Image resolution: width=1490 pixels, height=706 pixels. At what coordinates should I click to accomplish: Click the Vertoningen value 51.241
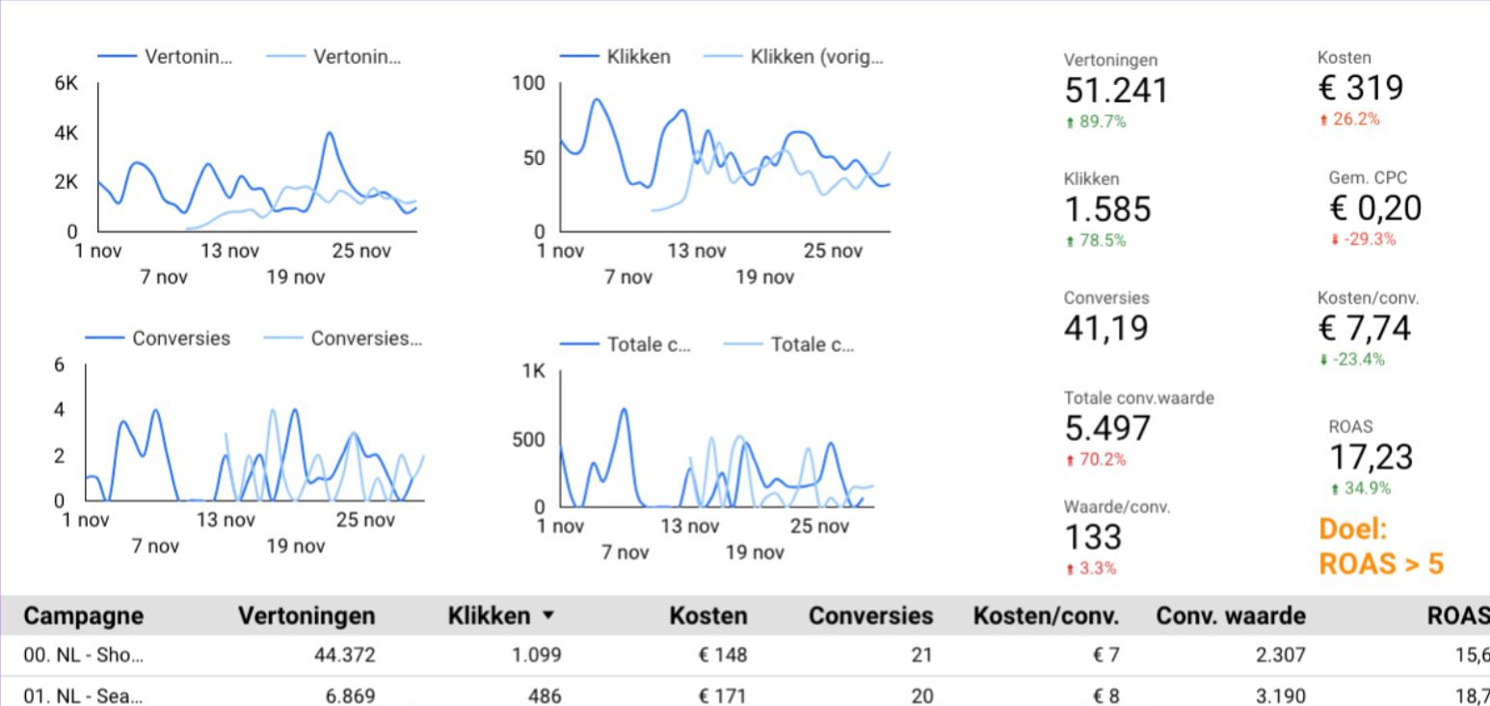pos(1115,91)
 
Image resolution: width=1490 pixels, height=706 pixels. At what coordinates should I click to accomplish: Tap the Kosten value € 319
pos(1360,89)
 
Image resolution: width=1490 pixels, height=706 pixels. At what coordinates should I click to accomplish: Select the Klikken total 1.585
pos(1107,209)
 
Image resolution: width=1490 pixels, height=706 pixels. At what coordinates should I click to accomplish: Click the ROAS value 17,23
pos(1370,456)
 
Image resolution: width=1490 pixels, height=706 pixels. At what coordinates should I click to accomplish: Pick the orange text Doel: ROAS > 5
pos(1380,546)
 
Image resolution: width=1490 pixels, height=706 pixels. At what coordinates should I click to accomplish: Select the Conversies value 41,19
pos(1106,329)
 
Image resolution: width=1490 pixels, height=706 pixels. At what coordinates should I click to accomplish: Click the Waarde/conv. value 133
pos(1092,537)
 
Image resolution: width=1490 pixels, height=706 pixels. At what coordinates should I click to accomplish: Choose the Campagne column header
pos(83,616)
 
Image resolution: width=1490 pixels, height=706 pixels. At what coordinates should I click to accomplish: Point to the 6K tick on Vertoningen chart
pos(67,84)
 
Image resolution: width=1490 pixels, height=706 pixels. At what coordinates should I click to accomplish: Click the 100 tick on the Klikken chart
pos(528,84)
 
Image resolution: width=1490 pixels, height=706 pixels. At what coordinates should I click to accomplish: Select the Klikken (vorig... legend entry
pos(815,57)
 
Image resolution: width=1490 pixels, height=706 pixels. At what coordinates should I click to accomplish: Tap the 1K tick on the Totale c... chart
pos(534,371)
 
